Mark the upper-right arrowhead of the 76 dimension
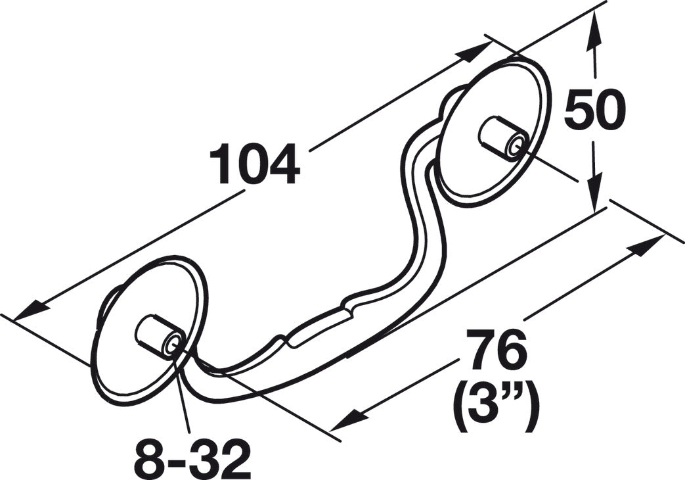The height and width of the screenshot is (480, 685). coord(646,246)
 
